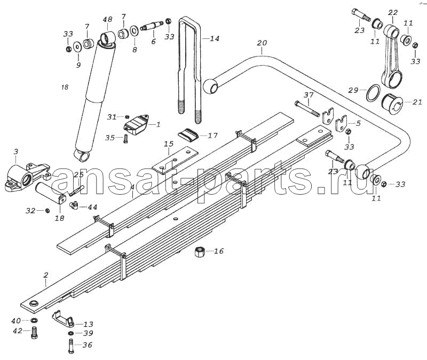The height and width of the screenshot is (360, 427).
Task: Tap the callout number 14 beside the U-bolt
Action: tap(215, 38)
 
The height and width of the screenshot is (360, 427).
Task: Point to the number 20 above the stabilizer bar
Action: tap(262, 43)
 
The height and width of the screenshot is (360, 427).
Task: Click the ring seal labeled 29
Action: tap(373, 93)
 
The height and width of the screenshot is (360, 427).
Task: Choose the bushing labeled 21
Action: tap(392, 104)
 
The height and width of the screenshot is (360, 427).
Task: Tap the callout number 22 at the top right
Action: tap(393, 12)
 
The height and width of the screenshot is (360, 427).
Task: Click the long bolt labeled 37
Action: tap(307, 108)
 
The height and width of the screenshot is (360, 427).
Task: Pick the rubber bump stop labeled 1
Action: tap(137, 124)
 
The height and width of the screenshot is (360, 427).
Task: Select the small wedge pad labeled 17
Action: tap(188, 134)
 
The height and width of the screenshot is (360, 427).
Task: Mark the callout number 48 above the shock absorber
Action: tap(107, 20)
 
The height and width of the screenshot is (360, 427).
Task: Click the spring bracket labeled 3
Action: tap(27, 176)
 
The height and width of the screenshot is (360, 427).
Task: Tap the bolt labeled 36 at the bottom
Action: tap(70, 346)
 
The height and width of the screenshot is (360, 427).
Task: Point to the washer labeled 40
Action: tap(34, 321)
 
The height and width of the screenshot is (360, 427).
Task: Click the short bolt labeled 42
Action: tap(34, 333)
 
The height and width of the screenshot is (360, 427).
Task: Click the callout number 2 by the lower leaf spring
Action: tap(46, 275)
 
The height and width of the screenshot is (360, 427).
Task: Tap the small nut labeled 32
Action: tap(47, 210)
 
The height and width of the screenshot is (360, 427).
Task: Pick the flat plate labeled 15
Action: tap(175, 161)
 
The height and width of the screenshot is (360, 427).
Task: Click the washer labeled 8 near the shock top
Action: tap(134, 31)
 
